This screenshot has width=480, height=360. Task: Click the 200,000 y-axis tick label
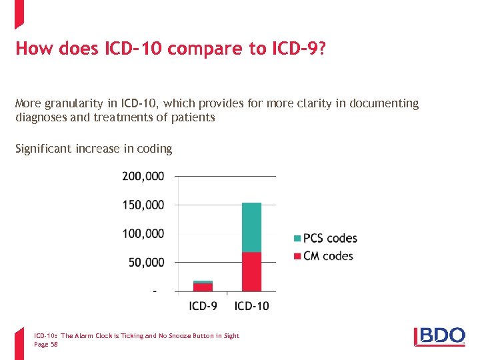click(143, 177)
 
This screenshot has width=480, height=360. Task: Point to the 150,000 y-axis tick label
click(143, 205)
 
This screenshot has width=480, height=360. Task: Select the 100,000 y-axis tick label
click(143, 233)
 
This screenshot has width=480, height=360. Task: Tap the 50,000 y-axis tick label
click(146, 263)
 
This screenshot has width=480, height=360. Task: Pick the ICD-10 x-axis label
click(252, 306)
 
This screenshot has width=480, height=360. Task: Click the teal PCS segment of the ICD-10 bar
click(251, 227)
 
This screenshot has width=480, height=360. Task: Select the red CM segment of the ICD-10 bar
click(251, 271)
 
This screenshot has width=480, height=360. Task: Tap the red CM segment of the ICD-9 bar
click(203, 287)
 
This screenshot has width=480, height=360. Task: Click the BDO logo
click(439, 336)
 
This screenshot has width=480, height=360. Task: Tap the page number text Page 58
click(46, 344)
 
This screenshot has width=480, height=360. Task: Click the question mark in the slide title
click(321, 49)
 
